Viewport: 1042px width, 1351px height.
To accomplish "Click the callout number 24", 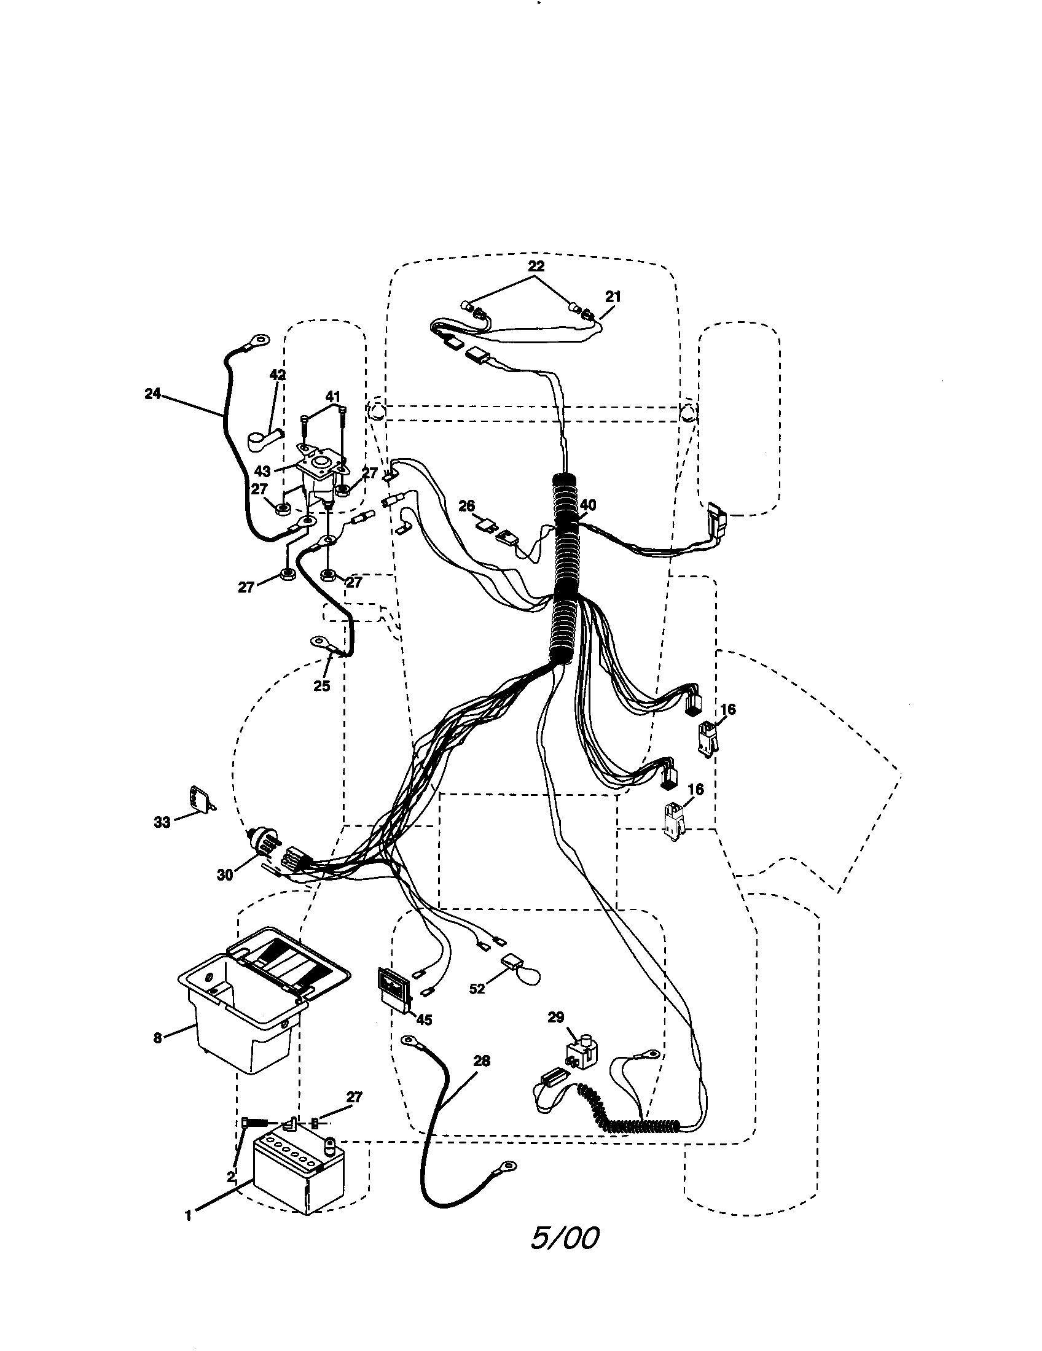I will tap(152, 394).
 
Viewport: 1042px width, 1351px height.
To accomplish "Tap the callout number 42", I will tap(278, 374).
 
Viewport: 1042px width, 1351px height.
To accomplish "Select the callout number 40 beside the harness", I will tap(587, 505).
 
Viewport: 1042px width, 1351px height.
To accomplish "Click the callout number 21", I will tap(613, 297).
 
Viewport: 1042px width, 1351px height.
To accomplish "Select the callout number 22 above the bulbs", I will tap(536, 266).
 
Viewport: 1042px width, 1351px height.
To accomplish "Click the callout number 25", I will tap(322, 686).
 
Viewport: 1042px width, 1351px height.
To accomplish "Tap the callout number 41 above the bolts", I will tap(333, 396).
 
